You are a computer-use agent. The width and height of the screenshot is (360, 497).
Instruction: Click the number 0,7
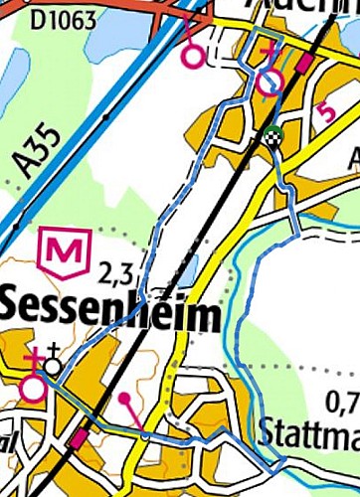point(342,403)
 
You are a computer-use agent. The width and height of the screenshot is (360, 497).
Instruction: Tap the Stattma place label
point(307,432)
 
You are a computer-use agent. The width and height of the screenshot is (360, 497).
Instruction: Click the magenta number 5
point(325,112)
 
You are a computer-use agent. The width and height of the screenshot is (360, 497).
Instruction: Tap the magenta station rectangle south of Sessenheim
point(78,437)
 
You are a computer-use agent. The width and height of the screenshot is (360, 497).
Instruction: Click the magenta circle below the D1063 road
point(194,57)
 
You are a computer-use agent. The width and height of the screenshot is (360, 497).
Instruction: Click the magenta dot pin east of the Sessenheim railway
point(124,400)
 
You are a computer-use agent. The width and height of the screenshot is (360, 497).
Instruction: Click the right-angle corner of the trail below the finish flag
point(296,233)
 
